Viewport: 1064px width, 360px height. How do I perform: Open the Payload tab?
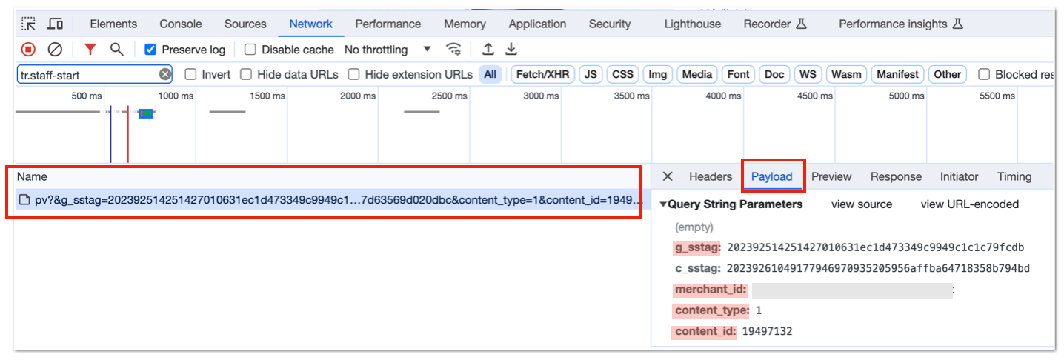coord(771,177)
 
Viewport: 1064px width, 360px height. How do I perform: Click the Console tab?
coord(181,24)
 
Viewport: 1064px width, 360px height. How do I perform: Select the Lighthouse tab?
coord(692,24)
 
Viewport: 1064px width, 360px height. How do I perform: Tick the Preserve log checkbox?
coord(150,50)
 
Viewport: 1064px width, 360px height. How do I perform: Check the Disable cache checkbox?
coord(250,50)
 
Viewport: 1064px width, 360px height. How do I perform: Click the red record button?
coord(28,49)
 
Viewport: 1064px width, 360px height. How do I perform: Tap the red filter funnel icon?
coord(90,49)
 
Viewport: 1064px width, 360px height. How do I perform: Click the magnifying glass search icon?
coord(117,49)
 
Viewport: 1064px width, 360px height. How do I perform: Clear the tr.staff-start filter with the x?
coord(164,75)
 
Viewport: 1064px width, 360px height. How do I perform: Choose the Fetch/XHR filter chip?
coord(542,75)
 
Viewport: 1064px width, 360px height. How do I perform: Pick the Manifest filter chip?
coord(897,75)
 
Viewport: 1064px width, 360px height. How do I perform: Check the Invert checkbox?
coord(190,75)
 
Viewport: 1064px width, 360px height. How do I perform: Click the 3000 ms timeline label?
coord(541,96)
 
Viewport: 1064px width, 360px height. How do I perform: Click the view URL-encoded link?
coord(969,204)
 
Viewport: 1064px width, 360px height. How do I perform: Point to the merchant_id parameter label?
coord(711,289)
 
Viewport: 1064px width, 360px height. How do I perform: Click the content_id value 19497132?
coord(767,331)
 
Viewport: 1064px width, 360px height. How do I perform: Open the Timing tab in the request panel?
coord(1014,177)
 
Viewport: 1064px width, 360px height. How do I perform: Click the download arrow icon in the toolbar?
coord(511,49)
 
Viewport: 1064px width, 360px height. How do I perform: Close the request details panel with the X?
coord(668,176)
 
